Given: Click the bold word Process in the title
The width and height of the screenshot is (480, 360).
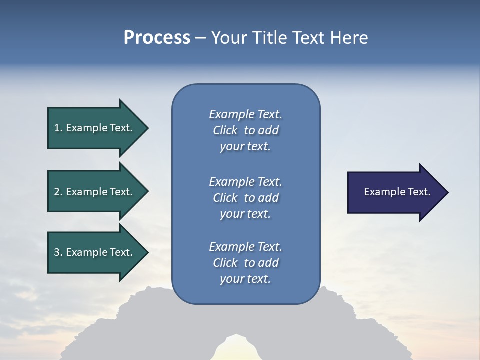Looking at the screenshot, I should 157,38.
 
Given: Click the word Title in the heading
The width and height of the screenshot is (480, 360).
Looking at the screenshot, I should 268,38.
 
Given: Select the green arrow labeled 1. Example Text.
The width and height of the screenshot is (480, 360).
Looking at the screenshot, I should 95,128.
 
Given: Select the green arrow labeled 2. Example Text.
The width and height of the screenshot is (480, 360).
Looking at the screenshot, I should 95,192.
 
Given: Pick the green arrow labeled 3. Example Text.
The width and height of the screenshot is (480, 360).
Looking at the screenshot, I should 95,252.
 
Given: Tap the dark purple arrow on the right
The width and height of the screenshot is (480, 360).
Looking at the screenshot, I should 395,192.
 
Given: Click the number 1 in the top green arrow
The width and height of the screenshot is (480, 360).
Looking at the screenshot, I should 57,128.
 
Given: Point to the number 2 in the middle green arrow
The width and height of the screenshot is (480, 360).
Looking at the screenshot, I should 57,192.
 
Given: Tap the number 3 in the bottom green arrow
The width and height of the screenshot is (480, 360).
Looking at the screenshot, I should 57,252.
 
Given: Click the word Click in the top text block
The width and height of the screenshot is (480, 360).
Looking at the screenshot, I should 225,130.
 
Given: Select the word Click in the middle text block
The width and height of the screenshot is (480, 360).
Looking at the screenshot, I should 225,198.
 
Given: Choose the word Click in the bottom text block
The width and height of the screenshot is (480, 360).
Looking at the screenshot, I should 225,263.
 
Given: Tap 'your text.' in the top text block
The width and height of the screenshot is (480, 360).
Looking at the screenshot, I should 245,147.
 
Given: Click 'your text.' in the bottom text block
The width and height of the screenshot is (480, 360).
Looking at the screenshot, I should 245,279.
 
